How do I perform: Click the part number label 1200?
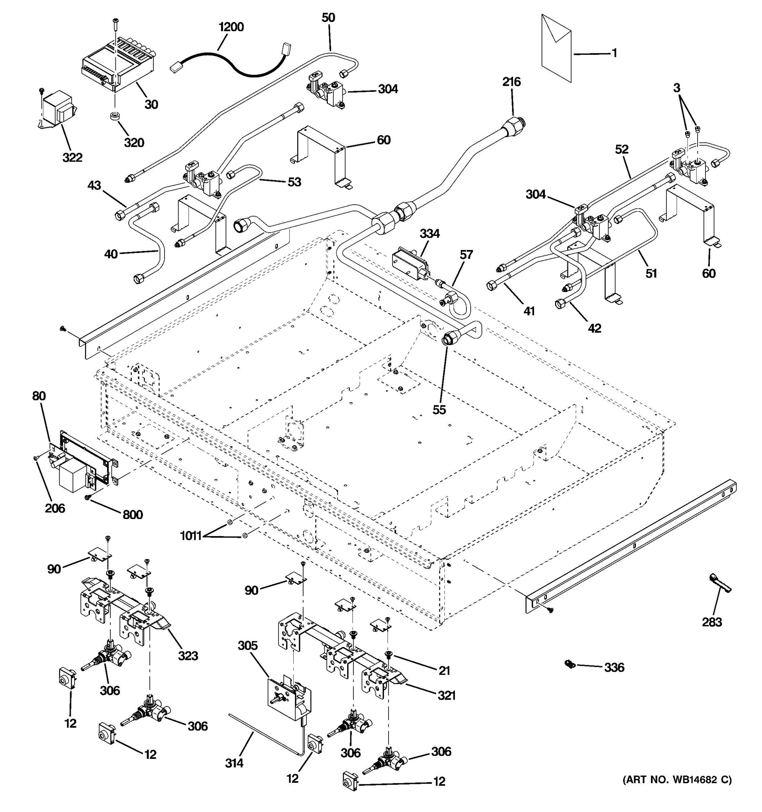(x=231, y=27)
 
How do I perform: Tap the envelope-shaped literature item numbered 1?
(x=556, y=49)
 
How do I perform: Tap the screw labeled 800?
(x=87, y=497)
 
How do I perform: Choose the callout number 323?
(x=188, y=656)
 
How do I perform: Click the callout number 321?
(x=446, y=695)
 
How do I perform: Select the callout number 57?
(x=466, y=255)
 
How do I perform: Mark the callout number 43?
(x=94, y=185)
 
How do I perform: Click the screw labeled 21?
(x=388, y=654)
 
